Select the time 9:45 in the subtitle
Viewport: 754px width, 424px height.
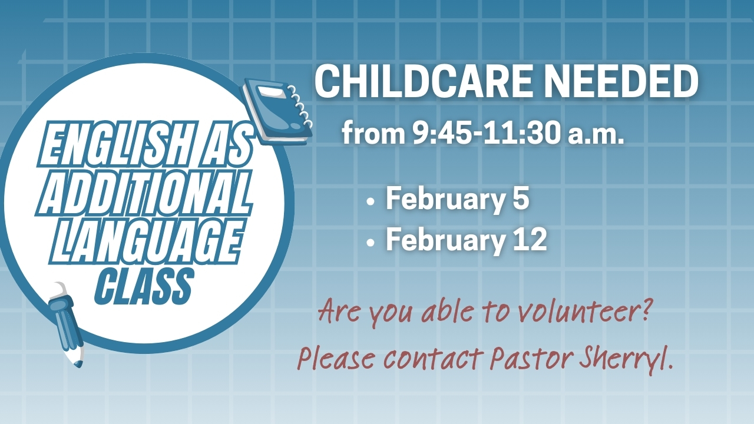tap(442, 134)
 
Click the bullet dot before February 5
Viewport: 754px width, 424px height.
tap(371, 203)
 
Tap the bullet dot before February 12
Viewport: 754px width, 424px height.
tap(371, 242)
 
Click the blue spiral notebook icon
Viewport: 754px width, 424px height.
tap(277, 111)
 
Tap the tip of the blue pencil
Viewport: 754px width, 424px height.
tap(79, 365)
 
